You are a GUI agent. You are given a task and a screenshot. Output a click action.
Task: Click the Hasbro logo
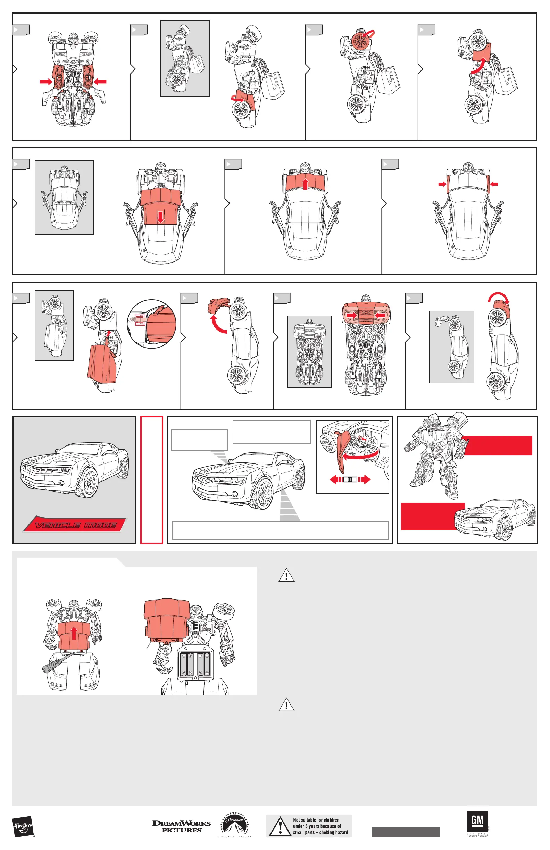tap(23, 826)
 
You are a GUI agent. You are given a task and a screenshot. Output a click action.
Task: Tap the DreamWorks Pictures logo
tap(182, 826)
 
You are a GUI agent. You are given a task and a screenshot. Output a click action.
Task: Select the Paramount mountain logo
tap(234, 825)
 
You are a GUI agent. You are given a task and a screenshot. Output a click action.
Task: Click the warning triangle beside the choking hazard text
tap(280, 826)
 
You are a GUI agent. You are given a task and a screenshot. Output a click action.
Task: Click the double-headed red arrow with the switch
tap(350, 480)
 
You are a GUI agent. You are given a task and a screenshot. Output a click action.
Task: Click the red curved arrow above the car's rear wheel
tap(499, 297)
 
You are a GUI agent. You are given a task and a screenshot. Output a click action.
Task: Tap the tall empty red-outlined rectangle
tap(151, 480)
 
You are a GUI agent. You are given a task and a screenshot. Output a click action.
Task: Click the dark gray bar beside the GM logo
tap(405, 832)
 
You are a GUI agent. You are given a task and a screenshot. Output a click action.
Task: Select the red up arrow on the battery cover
tap(74, 634)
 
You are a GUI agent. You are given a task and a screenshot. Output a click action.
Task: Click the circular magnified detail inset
tap(152, 324)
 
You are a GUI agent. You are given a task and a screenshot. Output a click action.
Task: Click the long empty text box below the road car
tap(280, 530)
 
